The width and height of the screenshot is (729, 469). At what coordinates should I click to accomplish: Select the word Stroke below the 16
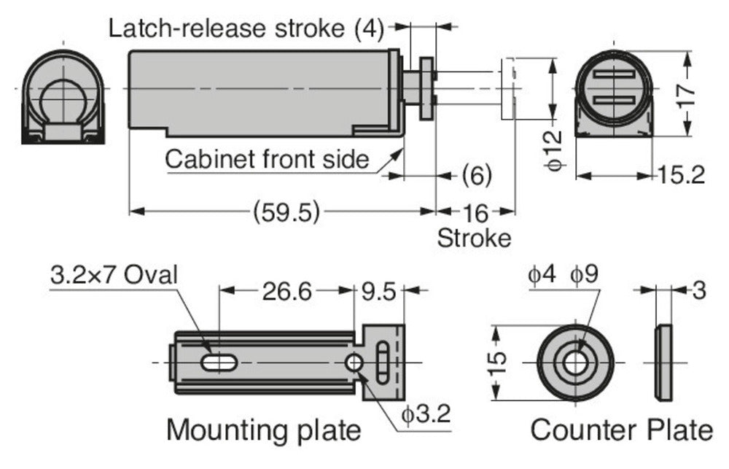coord(474,238)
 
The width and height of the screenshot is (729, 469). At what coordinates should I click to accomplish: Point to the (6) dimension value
coord(477,175)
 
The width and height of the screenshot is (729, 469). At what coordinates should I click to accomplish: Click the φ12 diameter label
coord(555,149)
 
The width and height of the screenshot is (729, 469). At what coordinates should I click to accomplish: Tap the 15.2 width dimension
coord(679,176)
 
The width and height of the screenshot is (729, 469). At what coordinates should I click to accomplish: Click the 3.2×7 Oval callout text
coord(114,275)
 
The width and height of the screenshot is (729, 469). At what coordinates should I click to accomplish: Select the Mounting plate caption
coord(263,430)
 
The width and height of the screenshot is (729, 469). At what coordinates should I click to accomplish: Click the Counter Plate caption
coord(621,430)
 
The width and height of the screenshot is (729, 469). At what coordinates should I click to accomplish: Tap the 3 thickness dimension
coord(698,290)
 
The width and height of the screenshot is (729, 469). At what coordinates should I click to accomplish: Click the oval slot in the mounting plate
coord(217,363)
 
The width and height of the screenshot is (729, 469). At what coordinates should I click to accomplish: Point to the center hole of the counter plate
coord(575,363)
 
